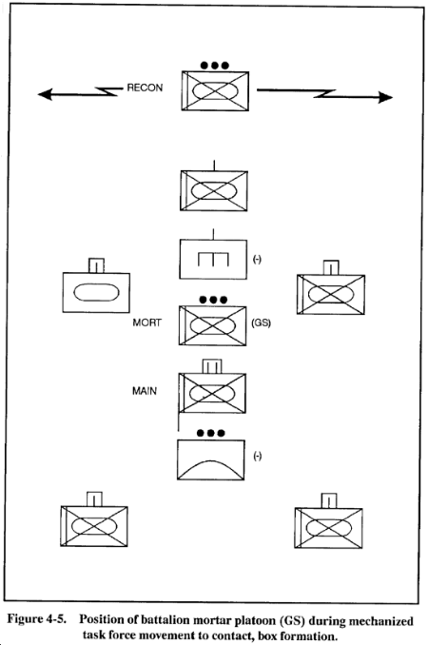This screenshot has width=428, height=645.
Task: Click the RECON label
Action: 145,88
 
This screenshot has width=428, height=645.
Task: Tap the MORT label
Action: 146,322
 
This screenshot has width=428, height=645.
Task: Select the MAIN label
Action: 145,391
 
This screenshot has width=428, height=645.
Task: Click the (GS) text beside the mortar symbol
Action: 261,322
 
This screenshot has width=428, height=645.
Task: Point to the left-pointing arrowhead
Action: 45,94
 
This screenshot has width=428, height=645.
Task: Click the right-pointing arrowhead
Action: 385,97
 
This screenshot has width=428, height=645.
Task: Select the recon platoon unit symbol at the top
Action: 215,91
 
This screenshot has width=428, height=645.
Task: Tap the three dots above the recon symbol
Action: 214,66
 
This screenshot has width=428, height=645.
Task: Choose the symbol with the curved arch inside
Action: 211,459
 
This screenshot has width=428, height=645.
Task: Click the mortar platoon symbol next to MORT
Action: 212,325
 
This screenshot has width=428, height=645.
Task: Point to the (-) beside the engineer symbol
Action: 257,260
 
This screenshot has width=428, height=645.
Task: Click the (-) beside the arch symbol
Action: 258,457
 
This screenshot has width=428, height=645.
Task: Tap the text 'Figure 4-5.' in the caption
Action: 36,619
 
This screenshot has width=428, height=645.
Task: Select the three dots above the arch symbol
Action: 211,433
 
